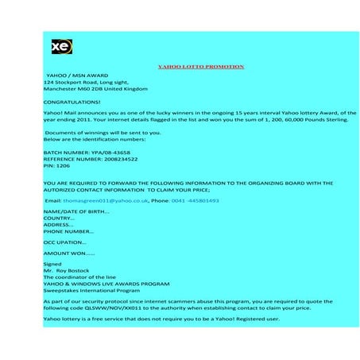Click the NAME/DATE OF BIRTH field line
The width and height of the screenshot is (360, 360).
pyautogui.click(x=76, y=211)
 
